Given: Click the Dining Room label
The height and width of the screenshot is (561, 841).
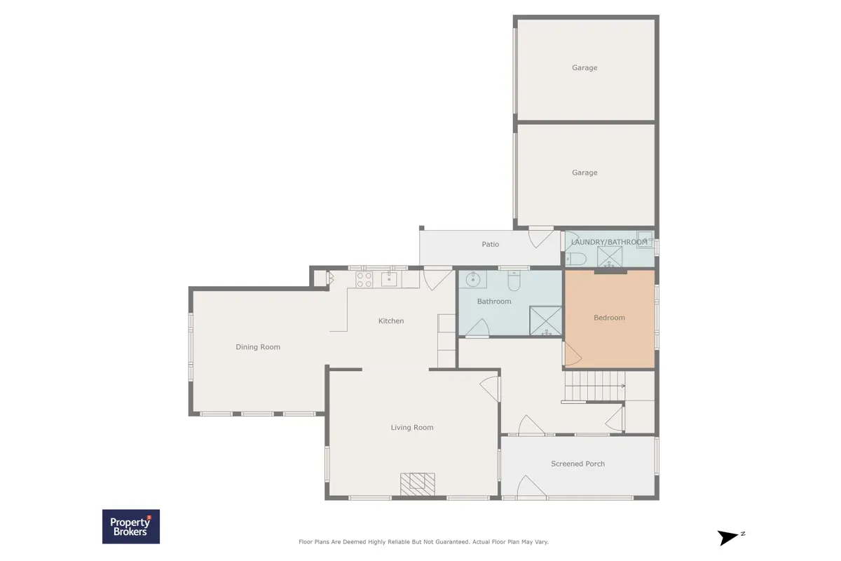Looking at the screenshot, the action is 258,347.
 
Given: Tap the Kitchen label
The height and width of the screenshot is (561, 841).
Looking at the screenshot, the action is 391,321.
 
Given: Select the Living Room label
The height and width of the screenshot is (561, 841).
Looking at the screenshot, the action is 412,427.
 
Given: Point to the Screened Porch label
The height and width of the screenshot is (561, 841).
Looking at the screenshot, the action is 577,464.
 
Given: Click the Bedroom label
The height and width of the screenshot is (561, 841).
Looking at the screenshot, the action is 609,318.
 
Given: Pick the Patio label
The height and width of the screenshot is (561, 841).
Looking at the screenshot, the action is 491,244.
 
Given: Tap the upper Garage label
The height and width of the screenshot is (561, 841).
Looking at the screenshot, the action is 584,67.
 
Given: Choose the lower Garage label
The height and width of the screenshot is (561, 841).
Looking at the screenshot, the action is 584,173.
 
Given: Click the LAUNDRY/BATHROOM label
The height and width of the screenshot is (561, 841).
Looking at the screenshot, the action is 609,242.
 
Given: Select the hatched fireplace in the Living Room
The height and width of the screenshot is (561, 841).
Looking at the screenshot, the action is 418,484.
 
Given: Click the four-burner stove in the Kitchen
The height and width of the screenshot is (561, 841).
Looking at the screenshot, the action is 364,280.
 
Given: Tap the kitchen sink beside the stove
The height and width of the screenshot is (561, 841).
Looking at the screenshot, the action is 389,279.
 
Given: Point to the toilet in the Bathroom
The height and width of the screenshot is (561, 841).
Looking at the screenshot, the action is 514,280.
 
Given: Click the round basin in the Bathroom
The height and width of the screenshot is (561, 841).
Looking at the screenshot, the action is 472,280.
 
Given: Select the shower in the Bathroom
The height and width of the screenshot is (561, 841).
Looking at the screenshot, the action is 545,320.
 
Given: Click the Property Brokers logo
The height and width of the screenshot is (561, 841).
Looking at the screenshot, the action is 131,527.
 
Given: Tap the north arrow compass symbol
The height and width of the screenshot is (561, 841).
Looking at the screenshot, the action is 730,537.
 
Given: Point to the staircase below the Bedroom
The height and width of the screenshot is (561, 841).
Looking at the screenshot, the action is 595,386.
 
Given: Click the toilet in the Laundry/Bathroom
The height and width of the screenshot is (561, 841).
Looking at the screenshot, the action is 576,259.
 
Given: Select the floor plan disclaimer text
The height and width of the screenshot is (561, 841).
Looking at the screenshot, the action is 423,542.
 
